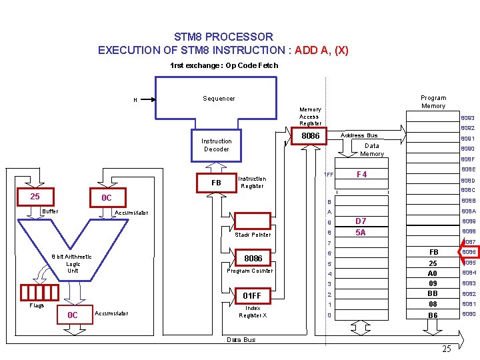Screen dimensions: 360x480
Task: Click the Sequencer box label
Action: (219, 99)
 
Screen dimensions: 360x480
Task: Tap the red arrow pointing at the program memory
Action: (450, 252)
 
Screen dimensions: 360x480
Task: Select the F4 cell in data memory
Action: (362, 175)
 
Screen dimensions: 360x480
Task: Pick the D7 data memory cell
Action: (361, 221)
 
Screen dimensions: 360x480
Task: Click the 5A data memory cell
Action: (361, 233)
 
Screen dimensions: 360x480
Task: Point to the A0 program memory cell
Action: (433, 273)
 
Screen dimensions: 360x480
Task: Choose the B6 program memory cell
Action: (433, 315)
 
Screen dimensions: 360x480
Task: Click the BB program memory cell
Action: (433, 294)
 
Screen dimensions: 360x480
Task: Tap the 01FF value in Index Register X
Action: (253, 295)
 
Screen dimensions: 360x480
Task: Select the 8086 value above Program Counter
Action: (253, 258)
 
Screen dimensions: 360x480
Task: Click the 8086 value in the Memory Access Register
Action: (311, 136)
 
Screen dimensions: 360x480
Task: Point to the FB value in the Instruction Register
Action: (216, 183)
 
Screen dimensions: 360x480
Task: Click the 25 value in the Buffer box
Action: (35, 197)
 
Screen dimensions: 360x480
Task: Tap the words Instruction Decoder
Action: (217, 145)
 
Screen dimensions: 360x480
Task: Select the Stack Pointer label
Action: (253, 235)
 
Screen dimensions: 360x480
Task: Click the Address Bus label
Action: (360, 135)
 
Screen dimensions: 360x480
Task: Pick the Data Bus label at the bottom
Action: (241, 340)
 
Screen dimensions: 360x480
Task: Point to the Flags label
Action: (37, 306)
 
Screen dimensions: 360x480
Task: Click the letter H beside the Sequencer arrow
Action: (135, 101)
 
